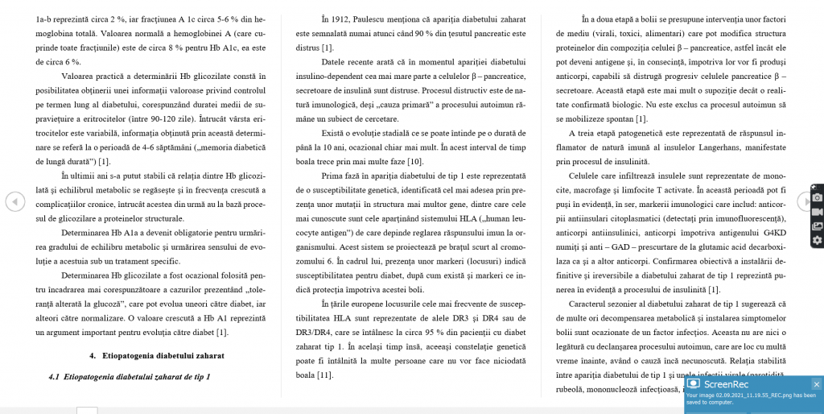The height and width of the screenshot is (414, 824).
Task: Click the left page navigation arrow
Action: click(15, 201)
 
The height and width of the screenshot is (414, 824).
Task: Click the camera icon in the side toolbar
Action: click(817, 197)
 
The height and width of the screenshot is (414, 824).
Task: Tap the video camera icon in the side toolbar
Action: click(817, 211)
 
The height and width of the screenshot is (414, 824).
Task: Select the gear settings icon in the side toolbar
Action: click(817, 240)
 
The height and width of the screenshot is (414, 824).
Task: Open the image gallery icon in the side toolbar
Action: click(817, 226)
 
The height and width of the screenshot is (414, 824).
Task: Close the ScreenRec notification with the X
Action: click(816, 384)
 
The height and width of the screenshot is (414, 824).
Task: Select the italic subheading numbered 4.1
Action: click(129, 376)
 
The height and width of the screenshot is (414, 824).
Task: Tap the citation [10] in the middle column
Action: click(415, 161)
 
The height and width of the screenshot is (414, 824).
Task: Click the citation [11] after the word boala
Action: click(324, 375)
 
